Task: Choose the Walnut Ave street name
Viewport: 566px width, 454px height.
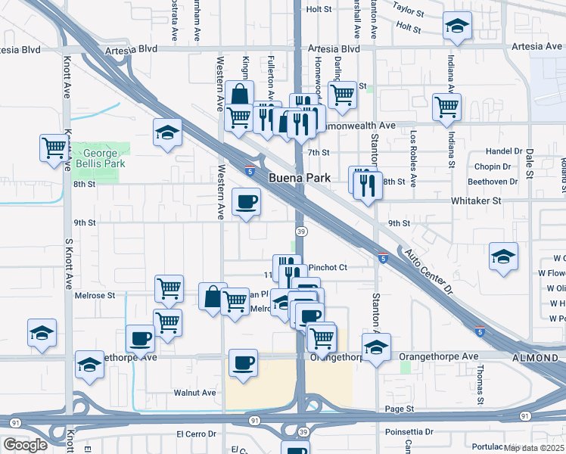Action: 195,393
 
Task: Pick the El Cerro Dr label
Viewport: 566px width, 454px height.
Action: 197,434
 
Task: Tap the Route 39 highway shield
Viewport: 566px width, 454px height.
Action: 300,231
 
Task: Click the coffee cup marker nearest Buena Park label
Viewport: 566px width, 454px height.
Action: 247,202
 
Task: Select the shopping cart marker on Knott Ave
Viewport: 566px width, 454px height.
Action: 54,147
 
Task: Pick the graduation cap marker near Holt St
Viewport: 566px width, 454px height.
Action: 457,26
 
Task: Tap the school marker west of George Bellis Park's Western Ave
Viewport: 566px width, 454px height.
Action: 167,133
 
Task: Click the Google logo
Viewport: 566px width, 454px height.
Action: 25,445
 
